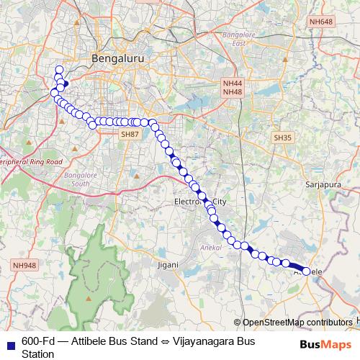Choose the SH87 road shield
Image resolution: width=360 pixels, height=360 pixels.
click(130, 134)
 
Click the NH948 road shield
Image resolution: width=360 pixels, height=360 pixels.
click(24, 266)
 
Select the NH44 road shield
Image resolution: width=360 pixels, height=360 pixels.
click(233, 84)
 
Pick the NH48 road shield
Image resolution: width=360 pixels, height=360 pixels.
click(233, 92)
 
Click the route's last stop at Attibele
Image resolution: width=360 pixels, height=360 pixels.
click(306, 271)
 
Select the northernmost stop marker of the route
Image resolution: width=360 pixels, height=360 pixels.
click(59, 70)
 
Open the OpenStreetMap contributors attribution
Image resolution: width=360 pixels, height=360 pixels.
click(297, 323)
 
